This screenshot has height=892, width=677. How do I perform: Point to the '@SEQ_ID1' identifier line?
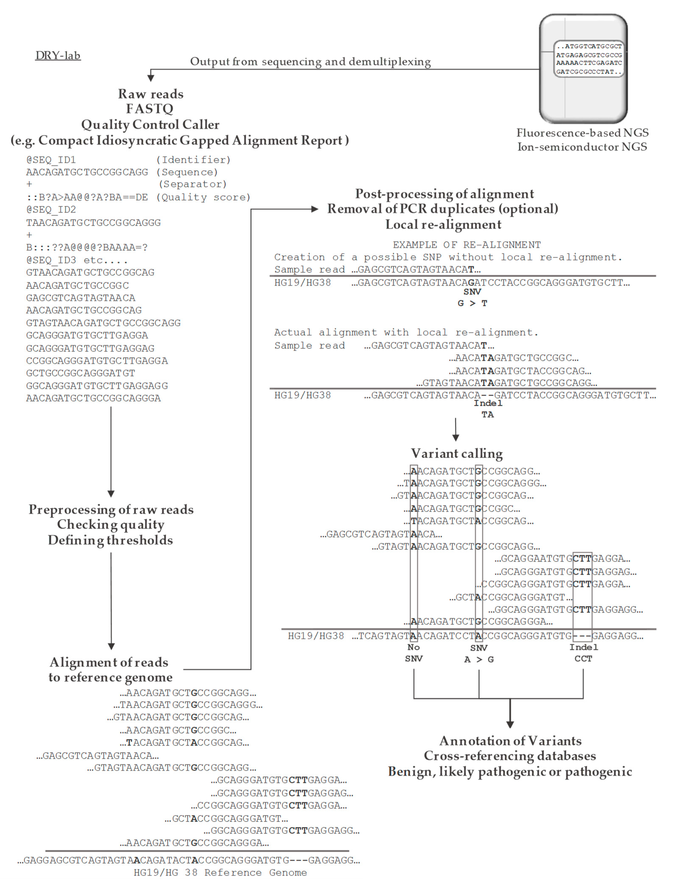click(51, 160)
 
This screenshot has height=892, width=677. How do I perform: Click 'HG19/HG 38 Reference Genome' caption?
click(220, 873)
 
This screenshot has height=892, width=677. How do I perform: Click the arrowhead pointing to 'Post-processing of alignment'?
click(314, 209)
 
